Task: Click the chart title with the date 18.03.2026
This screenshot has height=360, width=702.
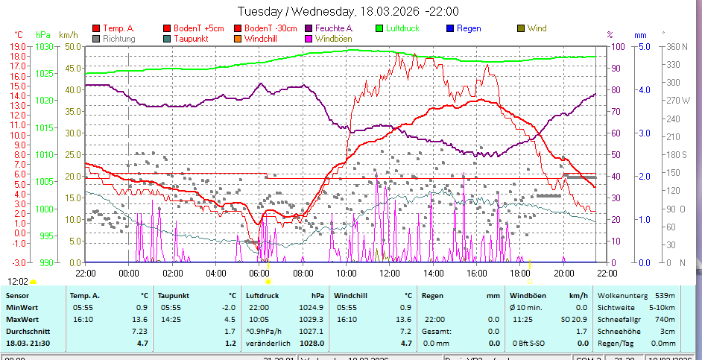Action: pos(347,11)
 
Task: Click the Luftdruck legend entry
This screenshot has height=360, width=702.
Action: pos(403,28)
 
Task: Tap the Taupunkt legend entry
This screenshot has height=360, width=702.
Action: pos(190,38)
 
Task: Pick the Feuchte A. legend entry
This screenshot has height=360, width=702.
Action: pos(329,28)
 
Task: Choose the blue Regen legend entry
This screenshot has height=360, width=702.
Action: pos(469,28)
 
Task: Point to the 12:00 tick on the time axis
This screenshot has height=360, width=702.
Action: pos(389,272)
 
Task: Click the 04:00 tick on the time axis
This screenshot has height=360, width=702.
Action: pos(215,272)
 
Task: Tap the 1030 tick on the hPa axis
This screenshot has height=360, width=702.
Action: pos(44,46)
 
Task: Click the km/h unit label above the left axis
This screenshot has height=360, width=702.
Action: pos(68,34)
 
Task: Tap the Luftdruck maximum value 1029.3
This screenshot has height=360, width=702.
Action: pos(312,319)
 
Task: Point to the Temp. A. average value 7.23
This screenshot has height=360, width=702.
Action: pos(139,331)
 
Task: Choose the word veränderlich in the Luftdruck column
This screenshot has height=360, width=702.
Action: pos(267,343)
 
